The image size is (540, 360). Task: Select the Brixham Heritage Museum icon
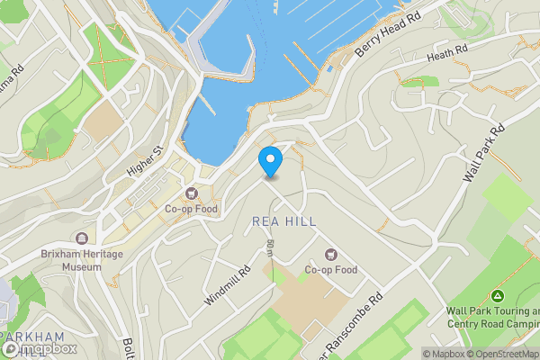83,238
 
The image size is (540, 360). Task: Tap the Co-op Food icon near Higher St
191,193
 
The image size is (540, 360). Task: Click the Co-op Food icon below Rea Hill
330,255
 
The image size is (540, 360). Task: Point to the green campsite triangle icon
497,296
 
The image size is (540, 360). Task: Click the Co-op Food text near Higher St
191,209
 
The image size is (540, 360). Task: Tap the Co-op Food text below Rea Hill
330,270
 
